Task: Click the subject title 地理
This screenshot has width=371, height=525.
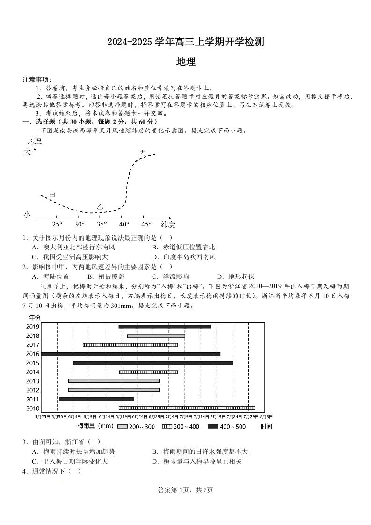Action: tap(186, 62)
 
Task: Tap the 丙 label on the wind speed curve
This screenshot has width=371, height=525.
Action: tap(142, 153)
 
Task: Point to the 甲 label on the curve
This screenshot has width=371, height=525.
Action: tap(52, 195)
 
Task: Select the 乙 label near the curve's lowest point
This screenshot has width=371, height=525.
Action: tap(100, 206)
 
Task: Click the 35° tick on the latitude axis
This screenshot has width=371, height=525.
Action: tap(102, 224)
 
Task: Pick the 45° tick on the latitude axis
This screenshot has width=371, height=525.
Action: tap(146, 224)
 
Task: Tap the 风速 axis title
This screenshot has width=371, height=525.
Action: tap(35, 141)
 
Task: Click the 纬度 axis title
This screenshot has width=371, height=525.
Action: tap(167, 224)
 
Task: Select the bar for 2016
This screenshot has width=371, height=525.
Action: tap(131, 354)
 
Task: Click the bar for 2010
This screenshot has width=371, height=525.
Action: tap(187, 408)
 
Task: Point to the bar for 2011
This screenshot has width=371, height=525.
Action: tap(96, 399)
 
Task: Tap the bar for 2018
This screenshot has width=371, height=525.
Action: tap(156, 336)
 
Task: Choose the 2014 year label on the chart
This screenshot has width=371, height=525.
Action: tap(32, 372)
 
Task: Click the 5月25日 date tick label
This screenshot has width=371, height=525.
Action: tap(42, 416)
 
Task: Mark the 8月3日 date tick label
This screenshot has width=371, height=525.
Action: tap(266, 416)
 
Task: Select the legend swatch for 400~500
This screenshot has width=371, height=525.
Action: tap(213, 427)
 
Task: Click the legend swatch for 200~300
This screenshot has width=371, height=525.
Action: tap(123, 427)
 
